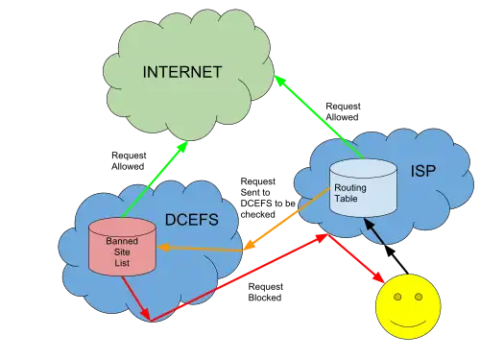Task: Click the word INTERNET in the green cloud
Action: (x=182, y=72)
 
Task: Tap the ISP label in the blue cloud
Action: (x=423, y=171)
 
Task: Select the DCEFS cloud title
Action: (x=192, y=220)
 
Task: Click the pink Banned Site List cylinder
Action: (x=122, y=247)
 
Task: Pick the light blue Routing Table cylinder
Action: (x=363, y=188)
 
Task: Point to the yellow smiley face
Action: (x=408, y=306)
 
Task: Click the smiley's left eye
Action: (x=397, y=298)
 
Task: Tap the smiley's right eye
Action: (x=419, y=297)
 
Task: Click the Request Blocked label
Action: (x=266, y=292)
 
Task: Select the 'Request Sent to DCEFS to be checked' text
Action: (x=268, y=198)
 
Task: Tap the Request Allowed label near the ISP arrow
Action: (x=343, y=111)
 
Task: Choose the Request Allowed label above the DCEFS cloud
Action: (x=129, y=161)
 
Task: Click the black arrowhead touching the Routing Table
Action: (x=370, y=224)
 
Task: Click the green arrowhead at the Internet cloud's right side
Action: (x=279, y=80)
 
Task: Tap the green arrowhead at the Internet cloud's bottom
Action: (x=182, y=147)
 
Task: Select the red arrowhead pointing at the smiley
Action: (x=379, y=277)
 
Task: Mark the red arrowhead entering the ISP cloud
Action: (x=322, y=238)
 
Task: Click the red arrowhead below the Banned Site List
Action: (x=146, y=315)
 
